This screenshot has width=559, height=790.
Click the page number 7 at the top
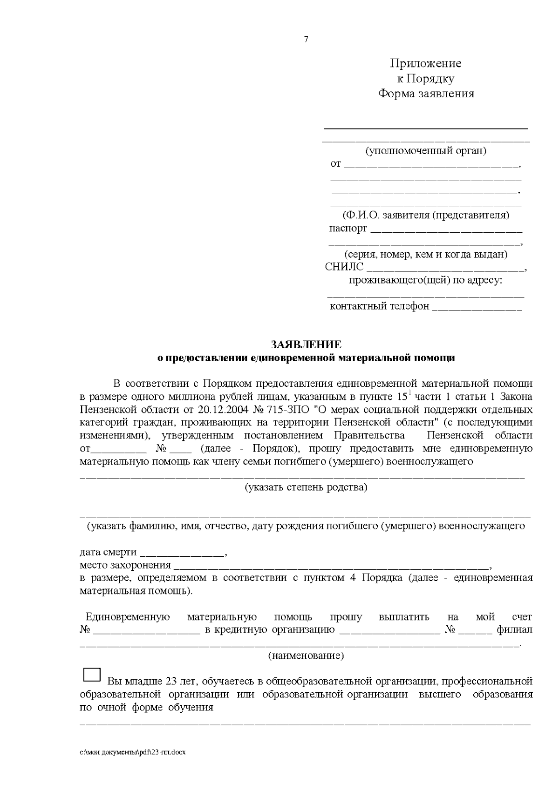point(306,40)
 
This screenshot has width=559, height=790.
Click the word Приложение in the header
point(425,63)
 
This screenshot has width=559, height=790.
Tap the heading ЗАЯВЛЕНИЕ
point(306,344)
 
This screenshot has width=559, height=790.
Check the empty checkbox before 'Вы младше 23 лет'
point(92,675)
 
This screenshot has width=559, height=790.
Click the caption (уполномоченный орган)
point(425,151)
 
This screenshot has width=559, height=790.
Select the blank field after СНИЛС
point(445,269)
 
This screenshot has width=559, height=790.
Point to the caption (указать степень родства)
point(306,487)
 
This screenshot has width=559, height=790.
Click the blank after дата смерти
point(182,554)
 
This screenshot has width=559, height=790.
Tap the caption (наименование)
point(306,656)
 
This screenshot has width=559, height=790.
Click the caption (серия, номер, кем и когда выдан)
point(425,255)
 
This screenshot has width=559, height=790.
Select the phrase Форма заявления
point(425,94)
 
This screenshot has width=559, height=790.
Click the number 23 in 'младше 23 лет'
point(170,682)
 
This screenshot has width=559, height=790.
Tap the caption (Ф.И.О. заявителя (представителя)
point(425,216)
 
